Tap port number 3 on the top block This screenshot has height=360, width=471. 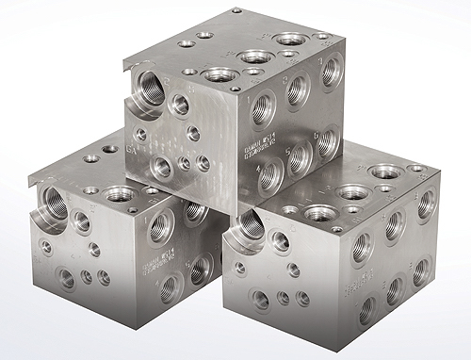pos(330,72)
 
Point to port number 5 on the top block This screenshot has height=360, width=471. pos(300,154)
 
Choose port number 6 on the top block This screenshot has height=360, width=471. pos(327,139)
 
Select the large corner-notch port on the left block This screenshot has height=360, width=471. pos(53,204)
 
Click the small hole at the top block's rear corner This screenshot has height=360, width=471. pos(235,11)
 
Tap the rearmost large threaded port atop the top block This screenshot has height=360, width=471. pos(291,40)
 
